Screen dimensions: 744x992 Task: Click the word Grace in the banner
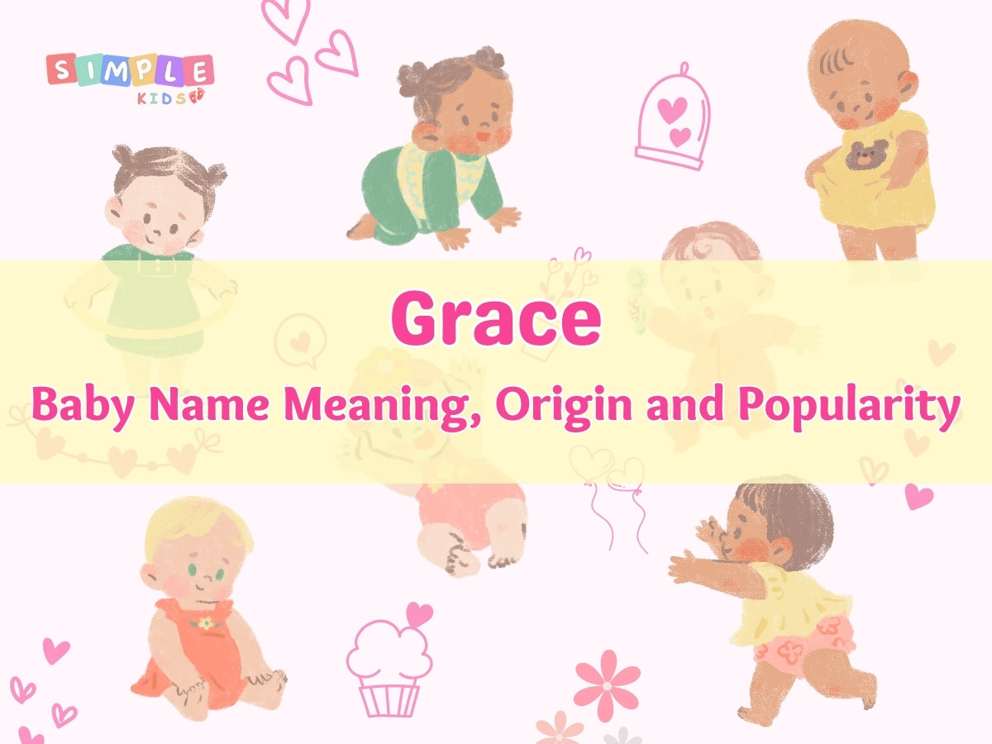tap(495, 319)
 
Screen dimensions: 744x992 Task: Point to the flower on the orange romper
tap(203, 621)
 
